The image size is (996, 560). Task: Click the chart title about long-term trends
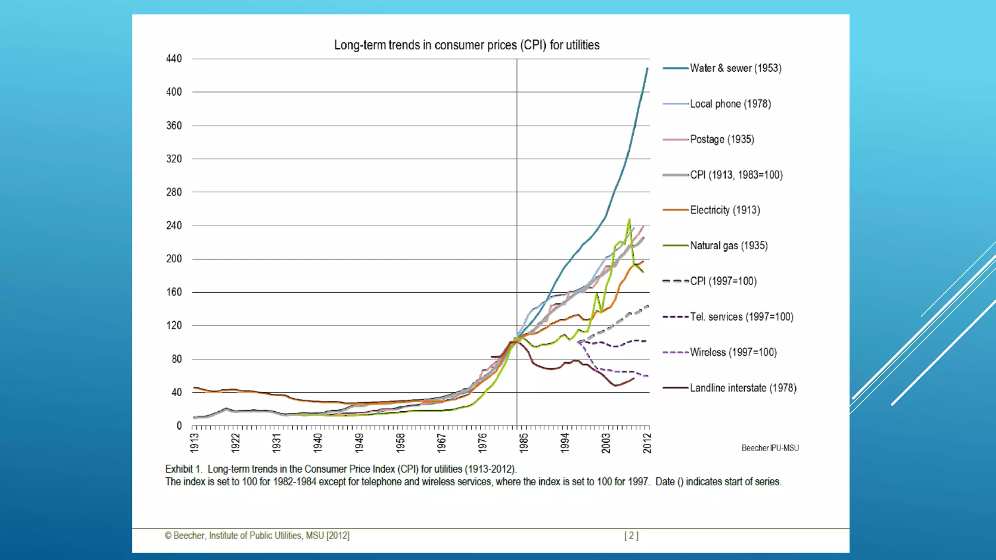pos(466,45)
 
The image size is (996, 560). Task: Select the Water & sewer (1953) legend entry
pos(735,69)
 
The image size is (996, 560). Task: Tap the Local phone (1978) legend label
pos(730,104)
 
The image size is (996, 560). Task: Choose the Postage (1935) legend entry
pos(722,140)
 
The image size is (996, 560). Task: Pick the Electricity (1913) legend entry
pos(725,210)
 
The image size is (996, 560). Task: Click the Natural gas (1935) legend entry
pos(729,246)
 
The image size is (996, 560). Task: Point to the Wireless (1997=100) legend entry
pos(733,352)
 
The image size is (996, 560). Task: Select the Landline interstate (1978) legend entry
pos(743,388)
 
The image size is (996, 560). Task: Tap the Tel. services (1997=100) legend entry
pos(741,317)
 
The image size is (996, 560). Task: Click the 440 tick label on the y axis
pos(174,59)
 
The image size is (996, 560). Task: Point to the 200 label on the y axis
pos(174,259)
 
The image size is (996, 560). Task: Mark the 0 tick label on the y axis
pos(179,426)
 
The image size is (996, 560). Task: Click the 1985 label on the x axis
pos(523,442)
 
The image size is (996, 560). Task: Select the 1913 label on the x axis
pos(195,442)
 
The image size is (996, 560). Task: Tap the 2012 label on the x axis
pos(647,442)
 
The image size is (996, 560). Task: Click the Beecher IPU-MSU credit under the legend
pos(770,448)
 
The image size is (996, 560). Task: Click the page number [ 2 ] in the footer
pos(631,536)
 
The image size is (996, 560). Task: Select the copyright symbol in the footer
pos(168,536)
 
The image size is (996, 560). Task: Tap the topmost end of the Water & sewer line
pos(647,69)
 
